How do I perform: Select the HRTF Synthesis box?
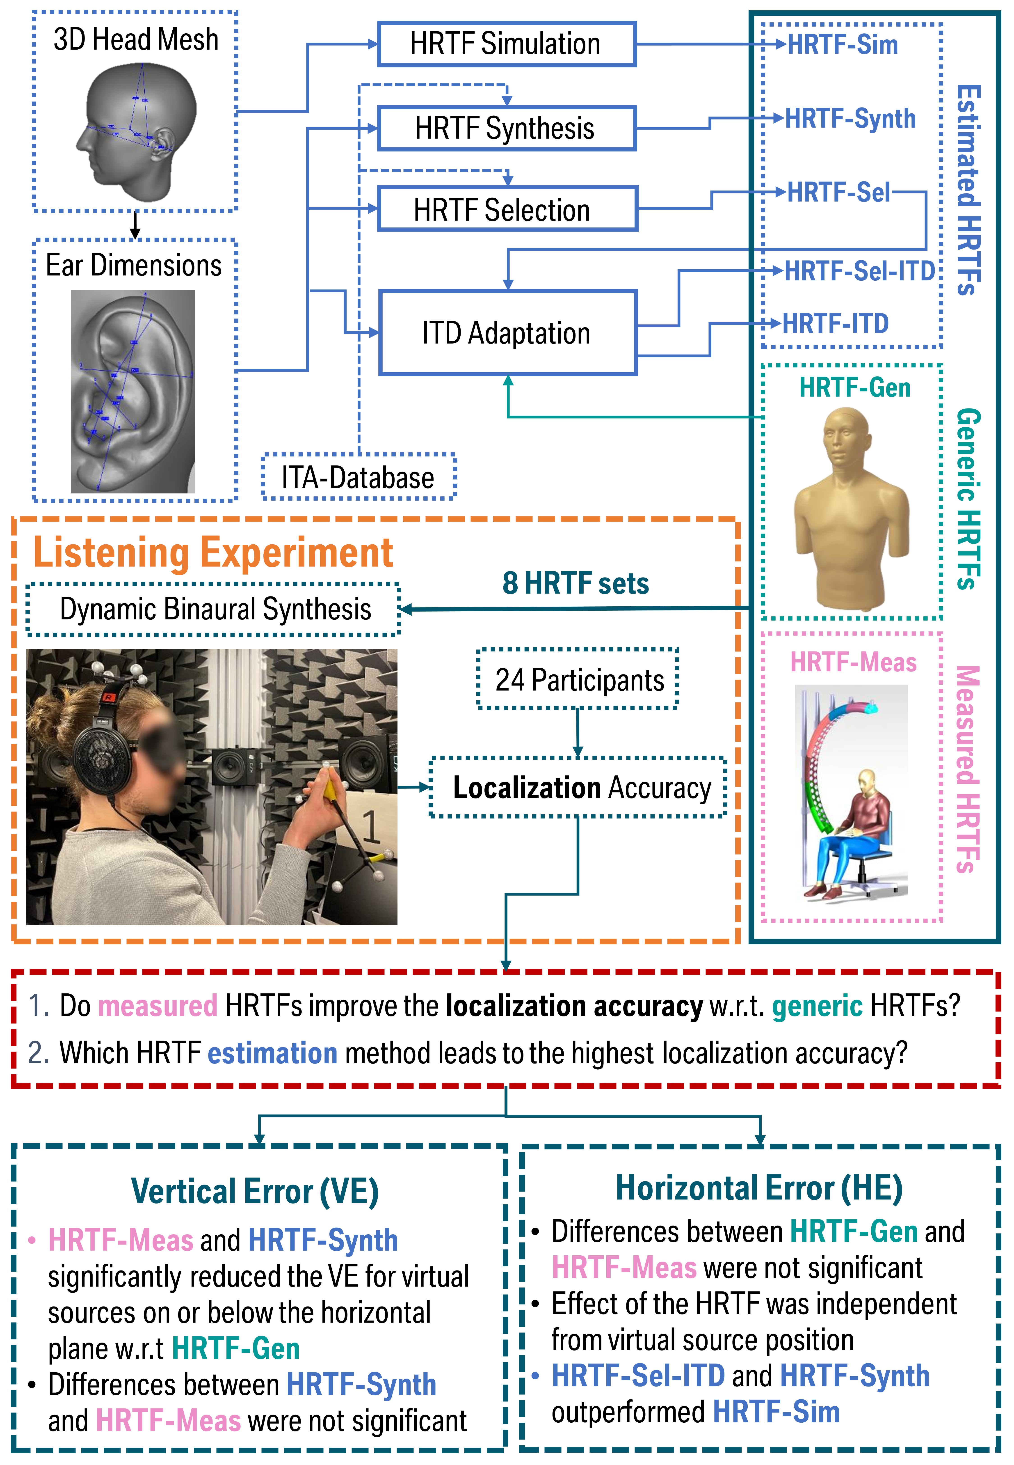click(x=506, y=128)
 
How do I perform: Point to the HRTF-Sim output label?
click(x=843, y=45)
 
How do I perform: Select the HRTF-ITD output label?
click(x=835, y=323)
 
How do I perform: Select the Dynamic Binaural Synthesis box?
click(x=213, y=609)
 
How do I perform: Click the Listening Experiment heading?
click(x=213, y=552)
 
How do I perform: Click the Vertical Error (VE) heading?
click(x=255, y=1190)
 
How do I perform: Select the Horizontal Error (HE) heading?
click(x=759, y=1187)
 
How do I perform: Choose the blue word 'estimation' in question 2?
click(x=273, y=1053)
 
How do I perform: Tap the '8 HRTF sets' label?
click(x=576, y=583)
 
